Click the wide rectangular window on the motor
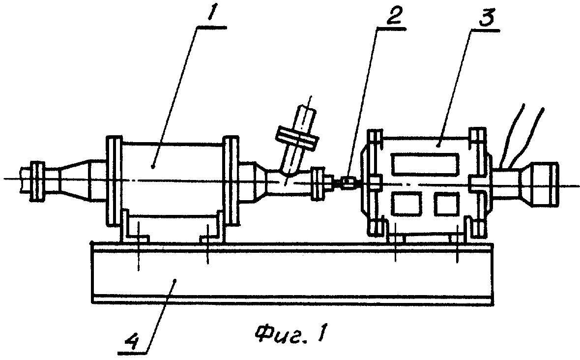coord(425,164)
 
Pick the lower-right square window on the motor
coord(447,203)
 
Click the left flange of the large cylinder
coord(114,180)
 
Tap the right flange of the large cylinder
coord(232,180)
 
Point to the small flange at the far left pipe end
coord(37,181)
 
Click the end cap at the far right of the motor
coord(545,183)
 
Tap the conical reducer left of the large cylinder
coord(74,181)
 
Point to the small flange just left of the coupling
coord(318,183)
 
